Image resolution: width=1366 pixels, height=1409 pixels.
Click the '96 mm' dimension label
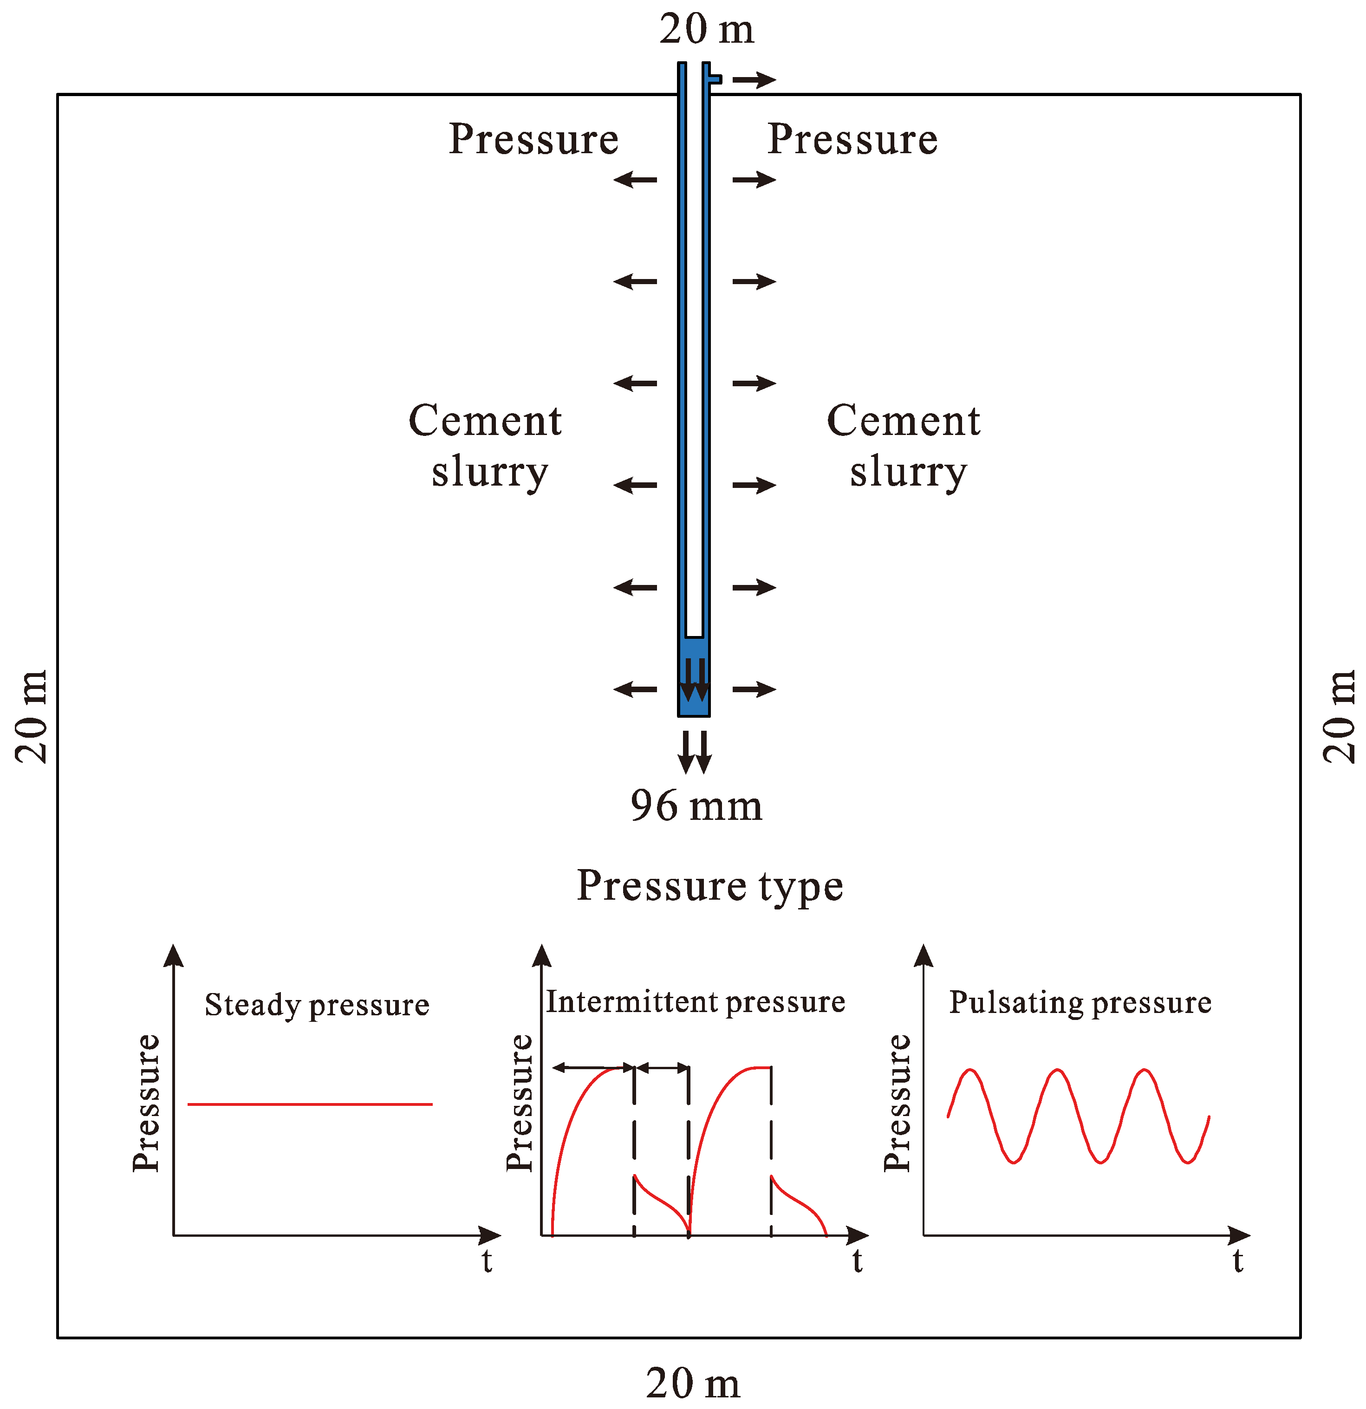coord(696,806)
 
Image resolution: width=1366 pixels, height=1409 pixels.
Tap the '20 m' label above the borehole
coord(707,30)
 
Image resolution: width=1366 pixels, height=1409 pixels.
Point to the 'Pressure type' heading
coord(709,886)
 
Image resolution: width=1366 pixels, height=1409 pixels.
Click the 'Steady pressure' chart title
coord(317,1005)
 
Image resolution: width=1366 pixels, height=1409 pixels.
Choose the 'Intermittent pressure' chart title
coord(695,1002)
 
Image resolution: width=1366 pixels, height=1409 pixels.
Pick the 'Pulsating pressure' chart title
coord(1080,1003)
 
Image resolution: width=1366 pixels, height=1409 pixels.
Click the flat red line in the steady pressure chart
coord(310,1104)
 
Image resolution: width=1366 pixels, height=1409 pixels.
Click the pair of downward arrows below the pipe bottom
coord(695,752)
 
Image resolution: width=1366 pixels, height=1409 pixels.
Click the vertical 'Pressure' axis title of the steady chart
coord(146,1104)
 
